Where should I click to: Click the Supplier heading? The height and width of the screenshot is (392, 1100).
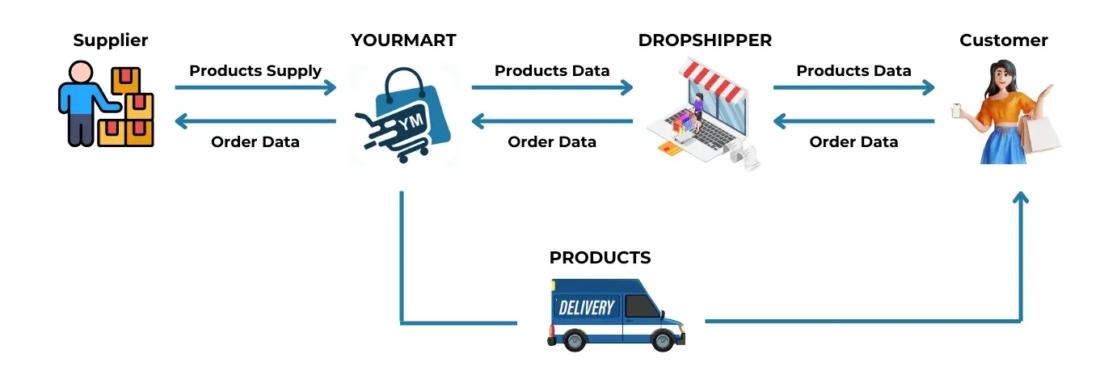(111, 40)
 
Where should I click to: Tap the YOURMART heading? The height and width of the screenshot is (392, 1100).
(403, 40)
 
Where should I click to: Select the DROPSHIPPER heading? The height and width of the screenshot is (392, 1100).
(705, 40)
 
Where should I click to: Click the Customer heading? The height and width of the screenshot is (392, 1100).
(1003, 40)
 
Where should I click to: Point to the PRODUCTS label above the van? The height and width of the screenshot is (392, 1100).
(600, 258)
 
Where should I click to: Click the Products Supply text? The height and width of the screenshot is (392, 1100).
(255, 71)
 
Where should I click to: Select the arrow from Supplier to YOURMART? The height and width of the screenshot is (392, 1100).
(255, 87)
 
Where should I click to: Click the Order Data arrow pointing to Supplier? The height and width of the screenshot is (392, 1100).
(255, 122)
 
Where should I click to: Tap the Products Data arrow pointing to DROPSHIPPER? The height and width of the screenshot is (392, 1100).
(552, 87)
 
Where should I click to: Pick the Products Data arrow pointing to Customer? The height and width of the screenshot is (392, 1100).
(853, 87)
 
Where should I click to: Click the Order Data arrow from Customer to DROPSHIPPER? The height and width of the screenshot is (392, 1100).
(853, 122)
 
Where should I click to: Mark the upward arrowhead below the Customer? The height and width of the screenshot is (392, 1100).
(1021, 198)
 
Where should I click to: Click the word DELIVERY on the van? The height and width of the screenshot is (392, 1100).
(587, 307)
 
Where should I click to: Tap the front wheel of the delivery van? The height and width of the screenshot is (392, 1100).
(662, 340)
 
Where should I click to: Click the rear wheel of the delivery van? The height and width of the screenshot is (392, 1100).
(574, 340)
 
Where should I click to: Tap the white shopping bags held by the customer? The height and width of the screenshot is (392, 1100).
(1039, 134)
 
